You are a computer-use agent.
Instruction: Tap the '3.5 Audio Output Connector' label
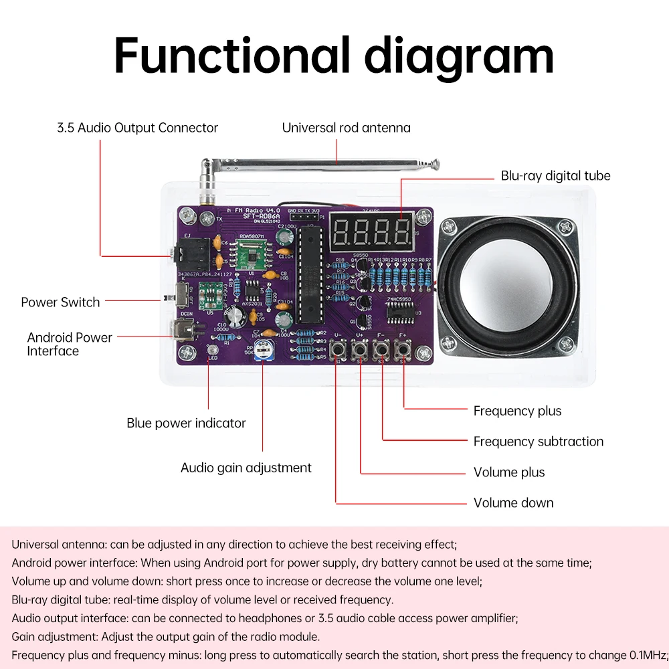[x=137, y=128]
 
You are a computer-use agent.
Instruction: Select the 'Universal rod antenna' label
[x=346, y=128]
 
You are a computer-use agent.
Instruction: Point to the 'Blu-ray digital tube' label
[x=555, y=176]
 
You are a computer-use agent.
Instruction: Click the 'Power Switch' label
[x=60, y=302]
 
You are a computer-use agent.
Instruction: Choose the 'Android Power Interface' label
[x=69, y=344]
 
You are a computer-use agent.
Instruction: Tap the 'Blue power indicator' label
[x=186, y=423]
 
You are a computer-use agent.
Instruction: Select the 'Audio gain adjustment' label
[x=246, y=468]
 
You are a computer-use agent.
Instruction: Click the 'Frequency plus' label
[x=517, y=411]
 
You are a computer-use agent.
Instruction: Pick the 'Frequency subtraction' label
[x=538, y=442]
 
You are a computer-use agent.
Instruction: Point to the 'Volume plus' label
[x=508, y=472]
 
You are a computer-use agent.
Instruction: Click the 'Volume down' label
[x=513, y=503]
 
